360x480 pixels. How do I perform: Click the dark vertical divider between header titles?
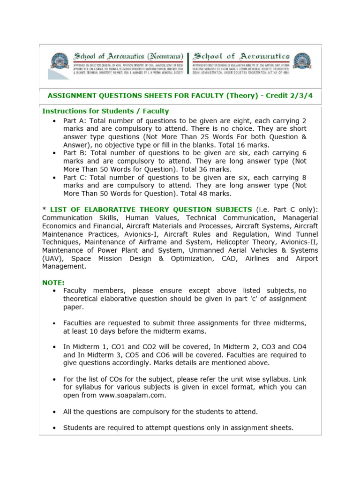click(x=188, y=63)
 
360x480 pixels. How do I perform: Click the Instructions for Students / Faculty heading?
click(x=105, y=111)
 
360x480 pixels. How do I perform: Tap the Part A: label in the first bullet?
click(x=75, y=120)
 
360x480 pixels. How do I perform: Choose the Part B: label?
click(x=75, y=153)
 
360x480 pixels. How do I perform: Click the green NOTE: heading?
click(x=53, y=282)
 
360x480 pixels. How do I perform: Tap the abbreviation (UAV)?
click(x=51, y=258)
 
